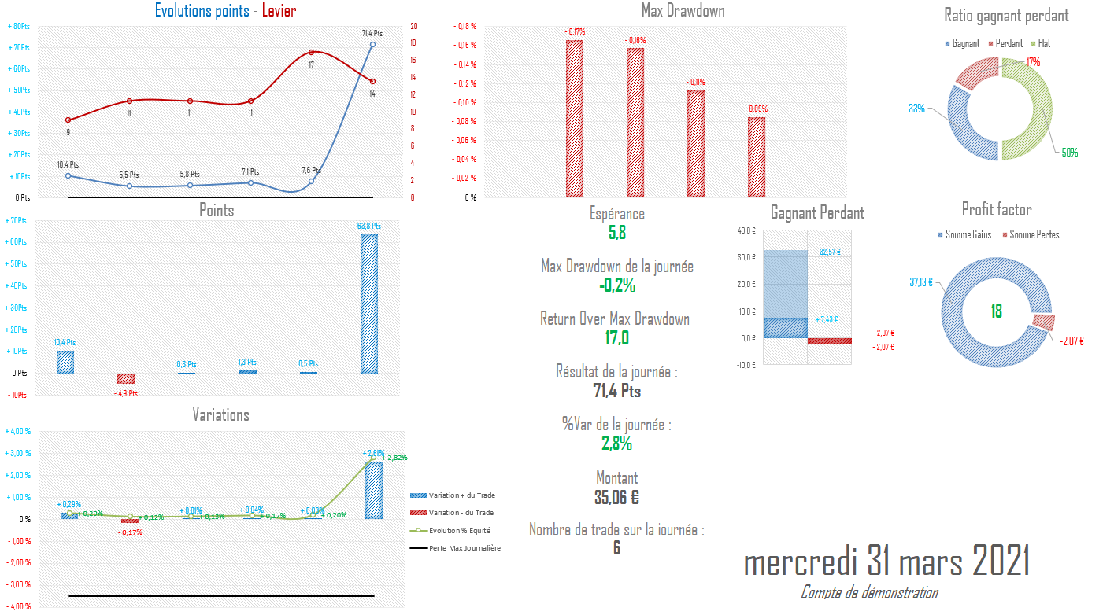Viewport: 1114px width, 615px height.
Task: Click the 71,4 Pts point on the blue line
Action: (372, 44)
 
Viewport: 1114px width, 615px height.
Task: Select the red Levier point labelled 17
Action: (312, 52)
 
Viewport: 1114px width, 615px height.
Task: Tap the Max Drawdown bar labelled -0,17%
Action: (575, 118)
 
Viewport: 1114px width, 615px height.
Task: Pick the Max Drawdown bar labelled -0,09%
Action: (757, 157)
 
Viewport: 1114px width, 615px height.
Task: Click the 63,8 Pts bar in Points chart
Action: (369, 304)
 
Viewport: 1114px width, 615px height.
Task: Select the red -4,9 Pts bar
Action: (126, 378)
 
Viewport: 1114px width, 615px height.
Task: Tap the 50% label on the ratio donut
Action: (1069, 153)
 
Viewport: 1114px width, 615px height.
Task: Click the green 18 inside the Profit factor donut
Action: (996, 311)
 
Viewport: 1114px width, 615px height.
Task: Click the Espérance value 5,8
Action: (616, 233)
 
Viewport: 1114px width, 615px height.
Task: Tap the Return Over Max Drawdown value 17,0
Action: (616, 338)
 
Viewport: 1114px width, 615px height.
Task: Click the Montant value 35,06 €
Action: (616, 497)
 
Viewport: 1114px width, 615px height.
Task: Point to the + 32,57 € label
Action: (827, 252)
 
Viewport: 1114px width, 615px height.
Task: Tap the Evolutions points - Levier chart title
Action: (226, 11)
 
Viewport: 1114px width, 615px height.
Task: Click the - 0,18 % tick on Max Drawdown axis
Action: (465, 26)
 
